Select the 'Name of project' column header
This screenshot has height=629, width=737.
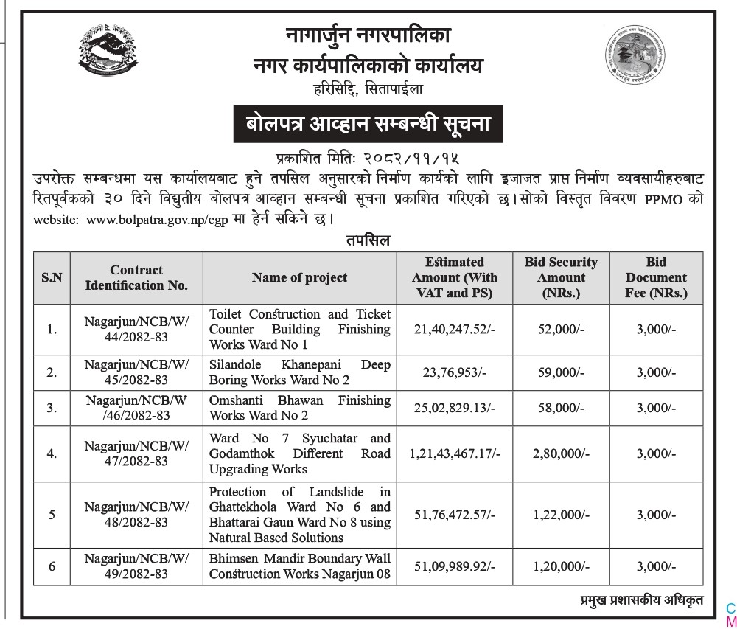(x=299, y=277)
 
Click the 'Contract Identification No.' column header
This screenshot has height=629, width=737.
(x=136, y=277)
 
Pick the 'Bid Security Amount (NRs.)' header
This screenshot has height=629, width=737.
(x=561, y=277)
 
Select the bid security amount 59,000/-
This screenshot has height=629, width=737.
(x=562, y=372)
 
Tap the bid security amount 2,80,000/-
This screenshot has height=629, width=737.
(x=562, y=454)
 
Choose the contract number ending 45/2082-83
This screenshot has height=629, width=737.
(x=136, y=372)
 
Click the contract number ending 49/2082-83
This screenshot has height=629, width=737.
(x=136, y=566)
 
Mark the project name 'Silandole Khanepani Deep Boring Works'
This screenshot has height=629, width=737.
(x=299, y=372)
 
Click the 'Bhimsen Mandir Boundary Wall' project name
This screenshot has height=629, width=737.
(x=299, y=566)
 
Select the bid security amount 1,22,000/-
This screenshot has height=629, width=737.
(x=562, y=515)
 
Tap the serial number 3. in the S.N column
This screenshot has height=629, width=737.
(x=52, y=408)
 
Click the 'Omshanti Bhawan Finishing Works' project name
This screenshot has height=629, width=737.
(x=299, y=408)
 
